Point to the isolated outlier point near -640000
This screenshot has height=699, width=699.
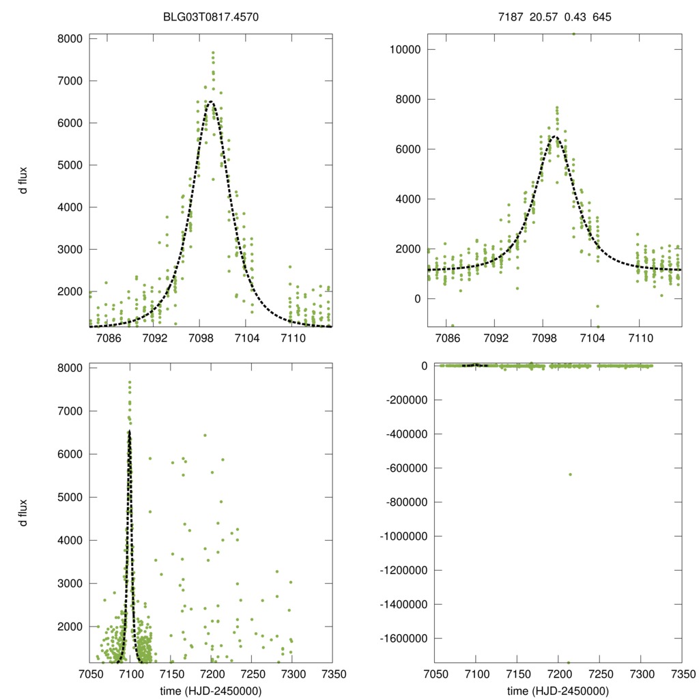click(570, 474)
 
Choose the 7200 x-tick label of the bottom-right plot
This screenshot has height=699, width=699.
click(558, 674)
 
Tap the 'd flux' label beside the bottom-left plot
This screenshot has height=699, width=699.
click(23, 513)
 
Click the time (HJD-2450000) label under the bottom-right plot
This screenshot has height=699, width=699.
click(558, 690)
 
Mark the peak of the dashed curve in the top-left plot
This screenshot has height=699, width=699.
click(211, 102)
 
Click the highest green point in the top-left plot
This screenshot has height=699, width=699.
click(213, 52)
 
